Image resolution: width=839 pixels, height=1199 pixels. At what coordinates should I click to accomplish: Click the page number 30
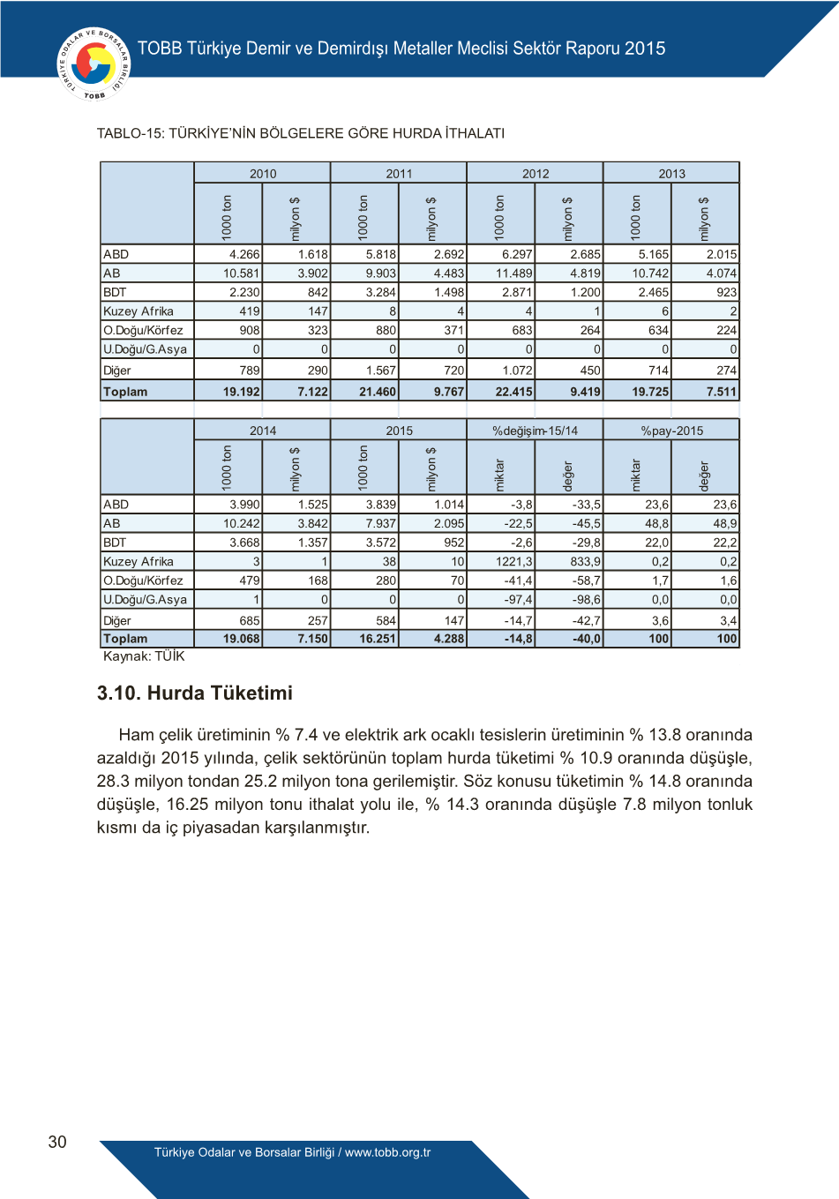pos(57,1142)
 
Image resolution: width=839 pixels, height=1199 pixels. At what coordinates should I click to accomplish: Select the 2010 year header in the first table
pos(263,174)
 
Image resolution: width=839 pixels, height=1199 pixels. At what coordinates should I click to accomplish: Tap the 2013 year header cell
pos(671,174)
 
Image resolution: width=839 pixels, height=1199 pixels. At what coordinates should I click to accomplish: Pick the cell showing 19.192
pos(241,392)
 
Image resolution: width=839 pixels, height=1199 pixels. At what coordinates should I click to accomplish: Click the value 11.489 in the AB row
pos(514,274)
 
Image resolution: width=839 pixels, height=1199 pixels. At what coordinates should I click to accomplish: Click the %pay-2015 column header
pos(671,431)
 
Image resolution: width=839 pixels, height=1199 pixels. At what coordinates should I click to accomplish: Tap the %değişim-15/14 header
pos(536,431)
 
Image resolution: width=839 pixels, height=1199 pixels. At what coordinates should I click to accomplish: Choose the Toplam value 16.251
pos(378,639)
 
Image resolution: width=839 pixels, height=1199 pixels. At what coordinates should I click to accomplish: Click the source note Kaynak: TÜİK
pos(144,656)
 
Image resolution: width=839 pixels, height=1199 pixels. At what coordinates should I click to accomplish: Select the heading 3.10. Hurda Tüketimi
pos(194,693)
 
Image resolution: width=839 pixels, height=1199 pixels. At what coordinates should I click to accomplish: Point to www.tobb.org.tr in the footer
pos(387,1152)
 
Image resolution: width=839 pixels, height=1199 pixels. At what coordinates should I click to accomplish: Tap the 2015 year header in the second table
pos(399,431)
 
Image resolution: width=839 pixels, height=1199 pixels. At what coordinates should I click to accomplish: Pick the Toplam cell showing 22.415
pos(513,392)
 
